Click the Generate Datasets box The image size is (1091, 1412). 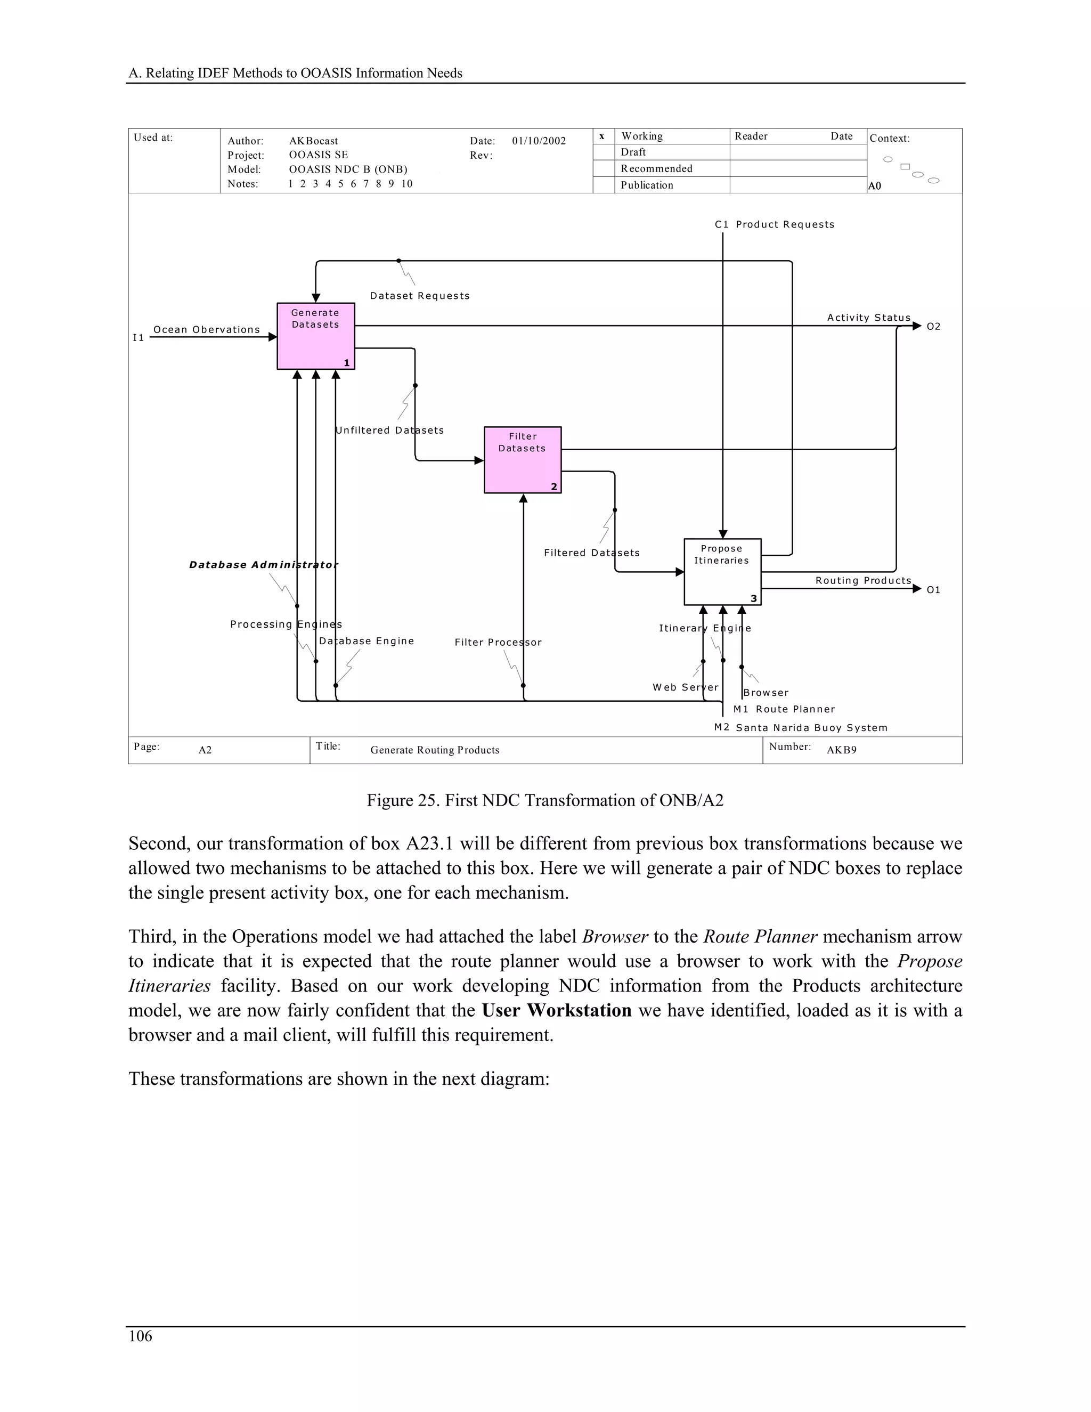click(x=315, y=336)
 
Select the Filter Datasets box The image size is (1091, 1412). click(x=522, y=460)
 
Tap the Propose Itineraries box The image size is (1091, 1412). click(x=722, y=572)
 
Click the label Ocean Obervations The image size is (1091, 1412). click(x=206, y=330)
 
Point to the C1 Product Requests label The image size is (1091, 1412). click(x=774, y=224)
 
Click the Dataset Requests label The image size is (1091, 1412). click(x=419, y=296)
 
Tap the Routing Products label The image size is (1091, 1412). click(x=863, y=581)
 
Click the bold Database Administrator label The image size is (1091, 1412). click(x=263, y=565)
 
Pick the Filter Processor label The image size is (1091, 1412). click(x=498, y=642)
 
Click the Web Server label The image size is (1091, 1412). click(x=685, y=687)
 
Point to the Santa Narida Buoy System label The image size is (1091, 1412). click(x=811, y=728)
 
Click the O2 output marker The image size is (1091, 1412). click(x=933, y=327)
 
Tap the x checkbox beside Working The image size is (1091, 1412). click(x=603, y=136)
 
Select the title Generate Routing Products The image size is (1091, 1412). click(x=434, y=750)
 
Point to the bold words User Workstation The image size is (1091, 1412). click(x=557, y=1010)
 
